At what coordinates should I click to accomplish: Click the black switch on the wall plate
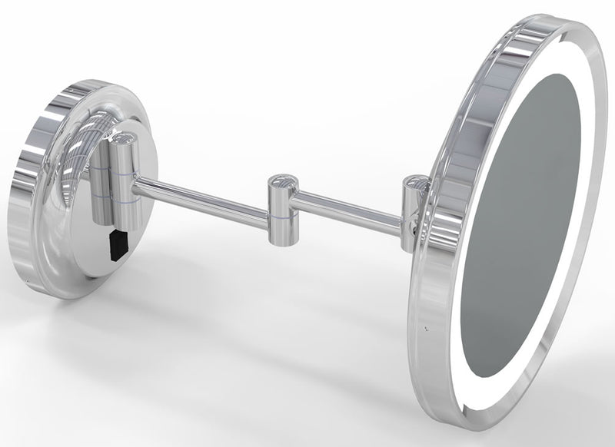click(118, 243)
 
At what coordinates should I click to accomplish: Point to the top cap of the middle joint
click(280, 184)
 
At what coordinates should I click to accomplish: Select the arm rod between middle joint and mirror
click(346, 212)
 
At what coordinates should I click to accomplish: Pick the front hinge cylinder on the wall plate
click(122, 180)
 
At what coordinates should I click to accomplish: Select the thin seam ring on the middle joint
click(279, 216)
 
